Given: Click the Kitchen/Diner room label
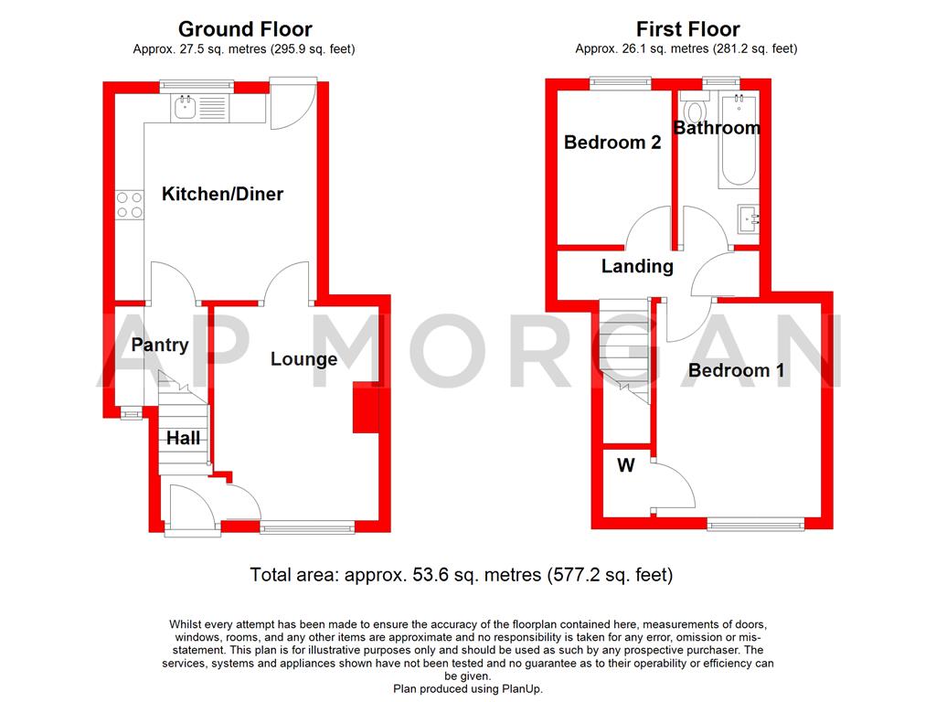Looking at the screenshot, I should point(222,194).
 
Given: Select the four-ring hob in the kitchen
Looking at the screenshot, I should point(129,205).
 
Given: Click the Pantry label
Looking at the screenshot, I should point(159,345).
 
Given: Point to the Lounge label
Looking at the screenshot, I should point(303,359).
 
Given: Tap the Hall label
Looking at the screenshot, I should point(183,439).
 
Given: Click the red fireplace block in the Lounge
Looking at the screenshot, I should point(366,409).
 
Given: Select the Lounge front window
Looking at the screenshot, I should point(307,526).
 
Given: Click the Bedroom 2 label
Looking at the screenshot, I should point(612,143).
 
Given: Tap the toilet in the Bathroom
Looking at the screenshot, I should point(696,113).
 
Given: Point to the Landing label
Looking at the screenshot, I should point(637,267).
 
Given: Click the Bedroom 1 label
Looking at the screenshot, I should point(736,370).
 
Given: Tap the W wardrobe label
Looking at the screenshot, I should point(625,466).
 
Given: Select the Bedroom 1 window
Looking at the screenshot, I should point(756,524).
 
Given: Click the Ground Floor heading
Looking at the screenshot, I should point(244,30).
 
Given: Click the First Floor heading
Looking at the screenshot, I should point(687,30).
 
